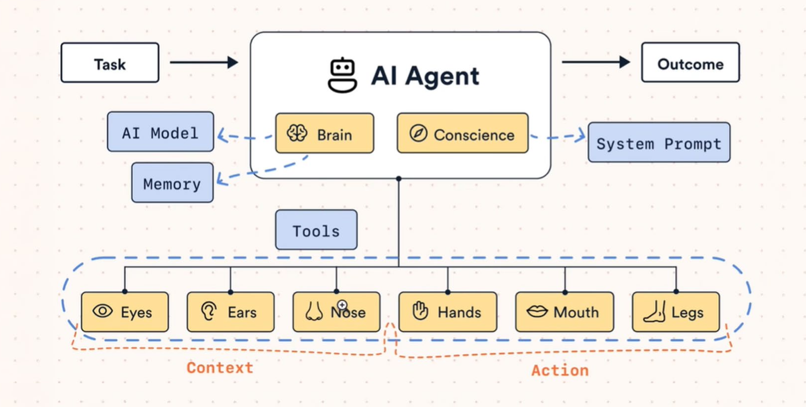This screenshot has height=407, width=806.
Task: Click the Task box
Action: [x=110, y=63]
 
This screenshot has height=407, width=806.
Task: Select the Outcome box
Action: [x=690, y=63]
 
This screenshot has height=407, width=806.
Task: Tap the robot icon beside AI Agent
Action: [x=342, y=75]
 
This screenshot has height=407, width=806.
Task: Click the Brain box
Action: [x=325, y=133]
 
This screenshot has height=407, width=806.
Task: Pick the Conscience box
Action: [x=462, y=133]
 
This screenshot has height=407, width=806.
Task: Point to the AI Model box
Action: [x=160, y=132]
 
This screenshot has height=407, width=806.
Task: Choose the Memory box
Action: [x=172, y=183]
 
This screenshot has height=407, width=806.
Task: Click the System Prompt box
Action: [x=659, y=143]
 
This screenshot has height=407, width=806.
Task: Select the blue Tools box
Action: [x=316, y=230]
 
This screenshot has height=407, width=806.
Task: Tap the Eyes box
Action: [x=125, y=312]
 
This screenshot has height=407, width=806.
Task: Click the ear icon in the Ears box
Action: [x=209, y=311]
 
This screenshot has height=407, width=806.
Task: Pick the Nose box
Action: [x=336, y=312]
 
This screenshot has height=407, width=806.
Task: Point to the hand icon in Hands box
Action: [x=420, y=311]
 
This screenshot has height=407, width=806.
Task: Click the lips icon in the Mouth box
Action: [x=537, y=312]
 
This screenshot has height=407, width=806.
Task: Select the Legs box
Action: [x=676, y=312]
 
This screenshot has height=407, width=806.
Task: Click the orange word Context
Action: [x=220, y=368]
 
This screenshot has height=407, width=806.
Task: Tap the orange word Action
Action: [x=560, y=371]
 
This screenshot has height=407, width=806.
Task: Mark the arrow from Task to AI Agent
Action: [x=204, y=62]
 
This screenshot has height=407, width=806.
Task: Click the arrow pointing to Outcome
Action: [x=596, y=62]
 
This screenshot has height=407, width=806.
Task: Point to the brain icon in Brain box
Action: [x=297, y=133]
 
